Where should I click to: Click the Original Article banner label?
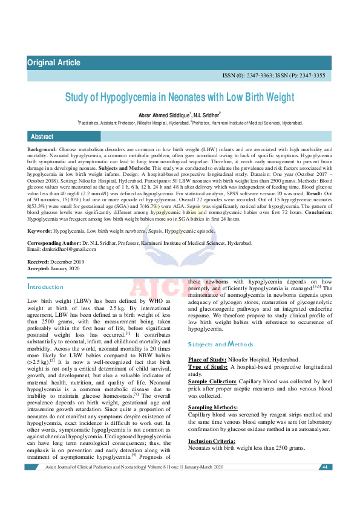point(54,63)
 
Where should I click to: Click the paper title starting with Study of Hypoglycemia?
point(180,97)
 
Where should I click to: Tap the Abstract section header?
point(42,137)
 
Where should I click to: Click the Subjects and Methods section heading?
point(220,344)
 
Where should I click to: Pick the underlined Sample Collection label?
point(212,383)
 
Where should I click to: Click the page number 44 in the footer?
point(324,467)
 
